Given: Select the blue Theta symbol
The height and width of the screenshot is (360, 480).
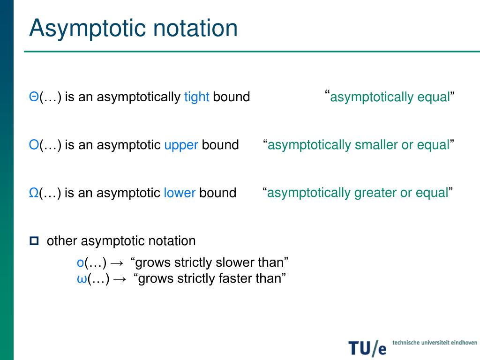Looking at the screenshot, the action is pos(34,97).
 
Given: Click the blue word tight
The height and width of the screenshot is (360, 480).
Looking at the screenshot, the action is pos(196,97).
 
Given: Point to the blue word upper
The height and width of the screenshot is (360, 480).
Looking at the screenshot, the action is pos(181,145).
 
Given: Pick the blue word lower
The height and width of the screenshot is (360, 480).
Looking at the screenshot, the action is pos(180,193).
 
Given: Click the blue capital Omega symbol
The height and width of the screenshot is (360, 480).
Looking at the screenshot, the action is pos(34,193).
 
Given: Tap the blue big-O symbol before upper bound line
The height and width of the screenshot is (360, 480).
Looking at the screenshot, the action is pos(34,145).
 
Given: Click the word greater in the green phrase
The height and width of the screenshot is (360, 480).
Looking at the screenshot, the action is pos(375,193).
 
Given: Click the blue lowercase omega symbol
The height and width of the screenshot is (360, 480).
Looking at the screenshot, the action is pos(81,279).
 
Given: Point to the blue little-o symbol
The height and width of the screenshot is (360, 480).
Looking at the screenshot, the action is pos(80,262).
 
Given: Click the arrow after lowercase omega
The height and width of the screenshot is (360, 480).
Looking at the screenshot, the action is pos(120,279).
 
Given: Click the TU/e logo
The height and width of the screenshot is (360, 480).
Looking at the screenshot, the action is pos(367,347).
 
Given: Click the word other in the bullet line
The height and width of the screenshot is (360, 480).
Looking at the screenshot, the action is pos(62,241).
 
